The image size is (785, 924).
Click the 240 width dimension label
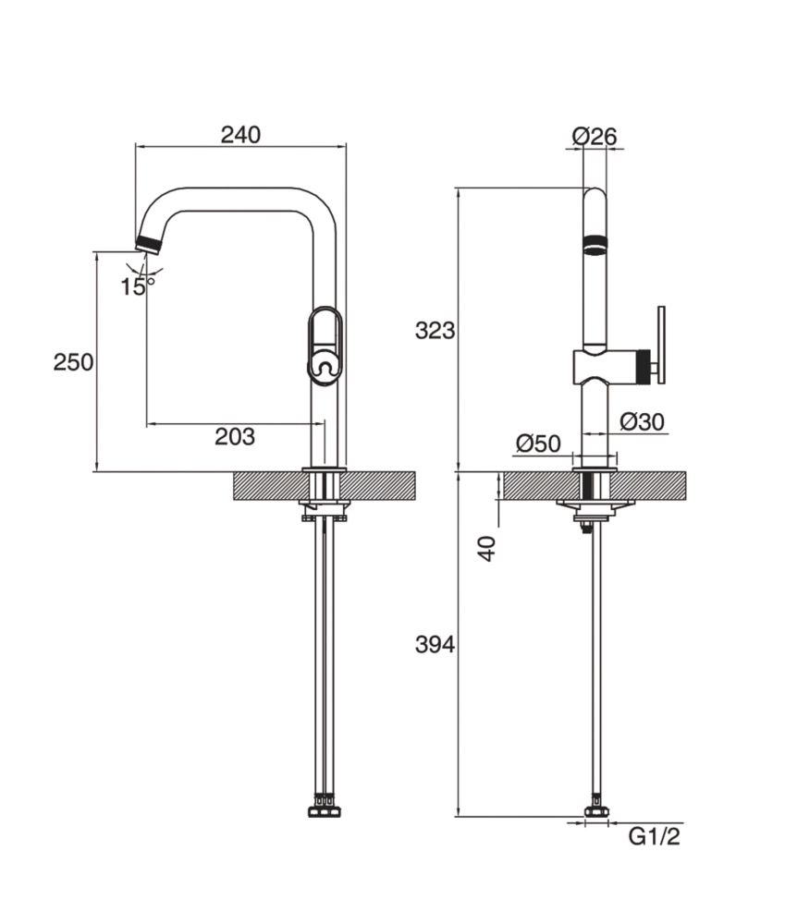[240, 134]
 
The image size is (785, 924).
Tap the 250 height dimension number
[73, 362]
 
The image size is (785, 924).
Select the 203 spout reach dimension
[235, 437]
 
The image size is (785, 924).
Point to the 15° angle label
[136, 286]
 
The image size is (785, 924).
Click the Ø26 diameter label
[594, 136]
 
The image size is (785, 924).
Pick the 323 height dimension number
[435, 330]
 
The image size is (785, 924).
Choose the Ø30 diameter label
[642, 422]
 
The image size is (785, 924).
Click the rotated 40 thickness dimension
[487, 547]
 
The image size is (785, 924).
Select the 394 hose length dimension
[435, 645]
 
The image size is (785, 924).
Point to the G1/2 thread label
[654, 837]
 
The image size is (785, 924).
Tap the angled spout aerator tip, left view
[148, 243]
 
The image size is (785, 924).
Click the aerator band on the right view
[595, 246]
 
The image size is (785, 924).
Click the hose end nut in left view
[324, 811]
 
